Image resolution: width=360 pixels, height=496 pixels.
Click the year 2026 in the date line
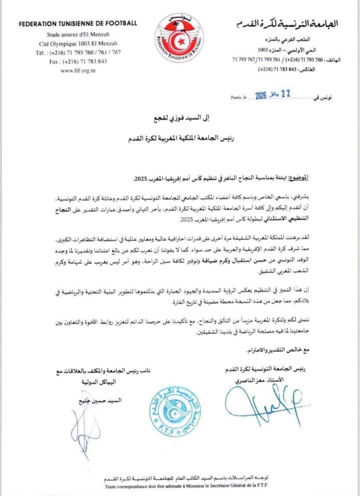259,96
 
